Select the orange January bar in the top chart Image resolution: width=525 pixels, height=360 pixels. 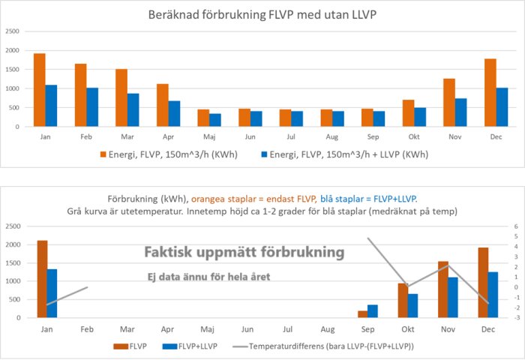(40, 90)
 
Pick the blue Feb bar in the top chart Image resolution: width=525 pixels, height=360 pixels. (92, 107)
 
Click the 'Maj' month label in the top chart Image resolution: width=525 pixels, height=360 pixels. (209, 136)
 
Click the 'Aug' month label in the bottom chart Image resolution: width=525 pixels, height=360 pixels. (328, 328)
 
